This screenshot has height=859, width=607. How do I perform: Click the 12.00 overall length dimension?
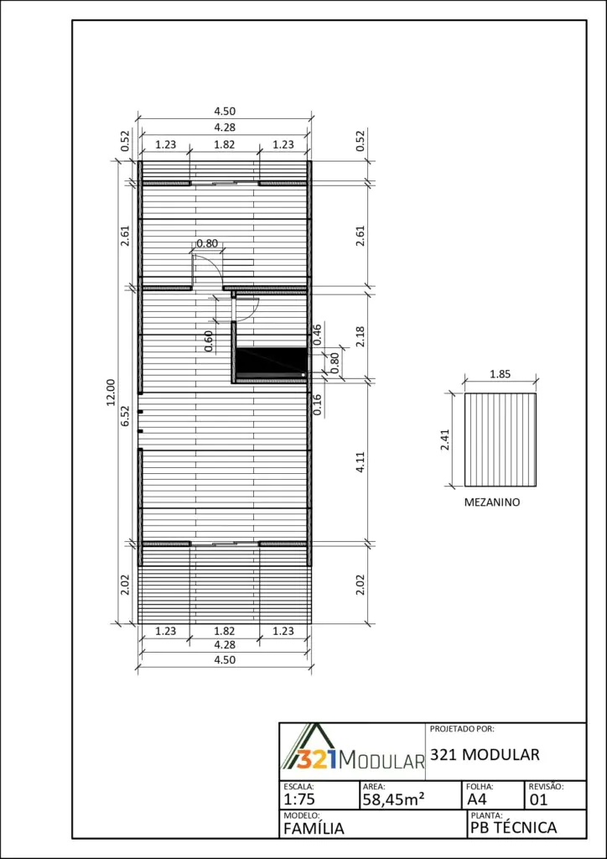pyautogui.click(x=111, y=393)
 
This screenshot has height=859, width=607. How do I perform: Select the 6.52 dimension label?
pyautogui.click(x=125, y=416)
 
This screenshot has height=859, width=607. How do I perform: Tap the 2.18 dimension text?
pyautogui.click(x=360, y=336)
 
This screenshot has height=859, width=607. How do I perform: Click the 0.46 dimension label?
pyautogui.click(x=316, y=335)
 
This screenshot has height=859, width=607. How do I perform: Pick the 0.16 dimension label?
pyautogui.click(x=316, y=404)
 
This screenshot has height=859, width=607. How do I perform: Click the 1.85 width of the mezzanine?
pyautogui.click(x=501, y=375)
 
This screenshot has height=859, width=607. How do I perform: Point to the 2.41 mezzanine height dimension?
pyautogui.click(x=445, y=440)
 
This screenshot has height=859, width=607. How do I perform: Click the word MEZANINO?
pyautogui.click(x=492, y=502)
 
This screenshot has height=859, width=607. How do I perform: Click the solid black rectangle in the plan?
pyautogui.click(x=271, y=360)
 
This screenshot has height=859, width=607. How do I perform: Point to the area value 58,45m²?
pyautogui.click(x=393, y=799)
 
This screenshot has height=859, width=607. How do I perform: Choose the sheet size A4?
pyautogui.click(x=477, y=799)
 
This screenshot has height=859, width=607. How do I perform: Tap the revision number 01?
pyautogui.click(x=538, y=799)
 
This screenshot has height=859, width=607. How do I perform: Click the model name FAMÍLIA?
pyautogui.click(x=314, y=828)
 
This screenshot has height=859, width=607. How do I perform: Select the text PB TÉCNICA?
pyautogui.click(x=513, y=828)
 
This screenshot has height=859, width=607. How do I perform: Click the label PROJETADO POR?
pyautogui.click(x=462, y=729)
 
